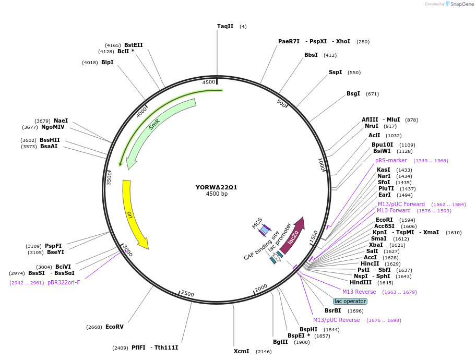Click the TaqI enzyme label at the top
point(225,26)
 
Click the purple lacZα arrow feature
point(293,235)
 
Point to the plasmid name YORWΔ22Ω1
point(217,187)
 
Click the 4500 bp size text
point(217,194)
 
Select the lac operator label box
point(350,301)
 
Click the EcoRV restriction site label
point(114,327)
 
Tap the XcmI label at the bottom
point(241,352)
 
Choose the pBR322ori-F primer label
point(64,283)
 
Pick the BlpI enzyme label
point(108,63)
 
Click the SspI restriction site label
point(335,73)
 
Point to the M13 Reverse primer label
point(359,292)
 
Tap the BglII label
point(280,342)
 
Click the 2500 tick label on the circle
point(187,294)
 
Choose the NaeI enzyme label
point(61,121)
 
